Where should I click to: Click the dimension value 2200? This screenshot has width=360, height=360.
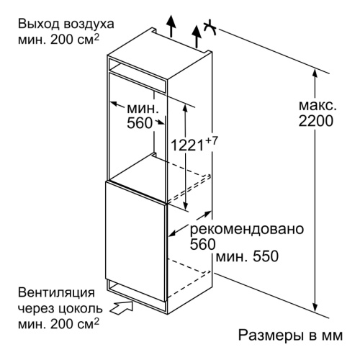(316, 121)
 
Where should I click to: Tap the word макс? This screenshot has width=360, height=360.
(318, 106)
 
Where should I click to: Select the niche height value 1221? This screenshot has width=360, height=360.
(187, 145)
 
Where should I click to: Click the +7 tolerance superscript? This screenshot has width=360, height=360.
(211, 140)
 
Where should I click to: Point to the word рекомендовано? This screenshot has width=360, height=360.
(247, 229)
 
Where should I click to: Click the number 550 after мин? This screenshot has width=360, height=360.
(266, 256)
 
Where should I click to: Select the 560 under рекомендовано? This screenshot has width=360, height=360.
(203, 244)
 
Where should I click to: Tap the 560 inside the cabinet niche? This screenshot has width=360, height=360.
(140, 123)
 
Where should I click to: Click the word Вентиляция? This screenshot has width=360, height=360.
(56, 293)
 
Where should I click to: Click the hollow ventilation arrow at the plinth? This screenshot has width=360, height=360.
(122, 307)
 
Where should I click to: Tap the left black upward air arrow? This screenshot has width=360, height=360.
(171, 26)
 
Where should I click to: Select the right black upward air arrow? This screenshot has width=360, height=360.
(197, 36)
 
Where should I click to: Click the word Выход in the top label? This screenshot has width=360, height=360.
(37, 24)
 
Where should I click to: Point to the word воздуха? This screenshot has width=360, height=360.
(87, 24)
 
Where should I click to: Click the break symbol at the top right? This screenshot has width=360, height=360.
(210, 28)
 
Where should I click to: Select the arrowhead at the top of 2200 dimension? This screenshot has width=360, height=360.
(315, 74)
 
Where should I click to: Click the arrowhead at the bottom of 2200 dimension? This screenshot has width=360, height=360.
(315, 307)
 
